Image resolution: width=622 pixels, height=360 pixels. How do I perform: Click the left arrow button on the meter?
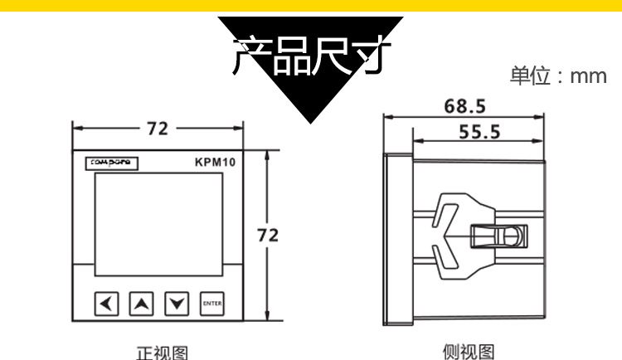(106, 304)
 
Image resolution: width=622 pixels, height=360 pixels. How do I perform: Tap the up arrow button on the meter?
(142, 304)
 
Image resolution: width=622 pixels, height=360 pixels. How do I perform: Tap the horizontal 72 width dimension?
(157, 129)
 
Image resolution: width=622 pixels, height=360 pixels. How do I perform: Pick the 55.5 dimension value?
(480, 131)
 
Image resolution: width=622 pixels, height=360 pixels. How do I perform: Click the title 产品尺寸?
(310, 55)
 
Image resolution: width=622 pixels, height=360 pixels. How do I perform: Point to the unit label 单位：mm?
(557, 77)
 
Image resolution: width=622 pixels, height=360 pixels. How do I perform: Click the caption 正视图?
(162, 353)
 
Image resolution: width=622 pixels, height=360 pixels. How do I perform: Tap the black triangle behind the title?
(310, 95)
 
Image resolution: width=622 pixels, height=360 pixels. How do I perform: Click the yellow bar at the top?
(310, 7)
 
